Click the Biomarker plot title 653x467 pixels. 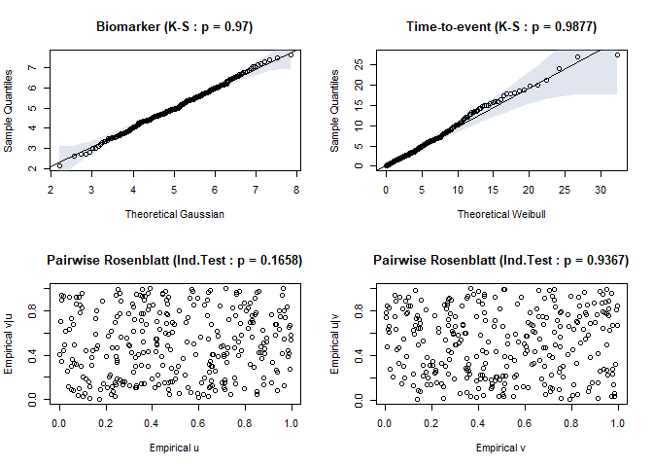point(175,26)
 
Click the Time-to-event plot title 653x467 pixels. point(500,26)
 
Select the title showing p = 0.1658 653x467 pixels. point(175,261)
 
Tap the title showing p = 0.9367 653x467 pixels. point(500,261)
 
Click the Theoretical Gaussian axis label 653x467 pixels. point(175,214)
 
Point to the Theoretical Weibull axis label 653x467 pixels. point(500,214)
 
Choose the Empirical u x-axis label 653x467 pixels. point(175,448)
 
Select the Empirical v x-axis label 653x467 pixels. point(500,448)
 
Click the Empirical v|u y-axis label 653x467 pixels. point(10,342)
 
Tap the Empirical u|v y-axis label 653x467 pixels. point(336,342)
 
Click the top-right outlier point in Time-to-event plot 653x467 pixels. point(617,54)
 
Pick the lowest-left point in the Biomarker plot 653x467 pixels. point(59,165)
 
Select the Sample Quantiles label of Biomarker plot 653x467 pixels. point(10,109)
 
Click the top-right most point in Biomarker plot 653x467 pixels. point(291,54)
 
